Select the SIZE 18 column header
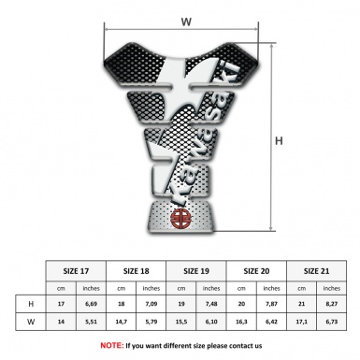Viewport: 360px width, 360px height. click(x=138, y=270)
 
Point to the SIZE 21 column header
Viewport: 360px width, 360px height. click(x=317, y=270)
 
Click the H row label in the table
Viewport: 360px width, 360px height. click(x=31, y=305)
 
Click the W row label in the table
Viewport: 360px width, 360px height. click(x=31, y=323)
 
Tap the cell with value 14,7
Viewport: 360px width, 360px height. click(x=122, y=323)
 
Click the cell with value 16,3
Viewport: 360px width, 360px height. click(x=243, y=323)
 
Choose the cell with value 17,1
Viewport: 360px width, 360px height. click(x=302, y=323)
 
